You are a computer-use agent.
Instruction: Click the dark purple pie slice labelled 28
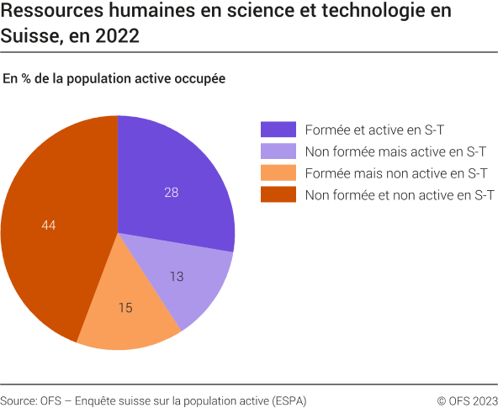(x=181, y=181)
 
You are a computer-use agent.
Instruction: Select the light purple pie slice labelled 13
(x=189, y=282)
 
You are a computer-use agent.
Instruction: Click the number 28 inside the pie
(x=171, y=193)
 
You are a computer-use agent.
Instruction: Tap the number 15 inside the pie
(x=125, y=308)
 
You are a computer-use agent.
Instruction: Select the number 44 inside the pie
(x=48, y=225)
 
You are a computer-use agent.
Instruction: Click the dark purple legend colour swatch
(x=278, y=129)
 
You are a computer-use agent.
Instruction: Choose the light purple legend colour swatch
(x=278, y=151)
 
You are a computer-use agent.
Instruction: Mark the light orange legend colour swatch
(x=278, y=173)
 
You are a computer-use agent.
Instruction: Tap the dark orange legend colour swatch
(x=278, y=195)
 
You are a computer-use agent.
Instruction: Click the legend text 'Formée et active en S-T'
(x=374, y=129)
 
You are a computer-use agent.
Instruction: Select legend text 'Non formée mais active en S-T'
(x=395, y=151)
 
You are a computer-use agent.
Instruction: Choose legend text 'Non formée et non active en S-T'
(x=400, y=195)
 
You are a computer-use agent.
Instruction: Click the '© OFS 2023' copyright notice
(x=467, y=400)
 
